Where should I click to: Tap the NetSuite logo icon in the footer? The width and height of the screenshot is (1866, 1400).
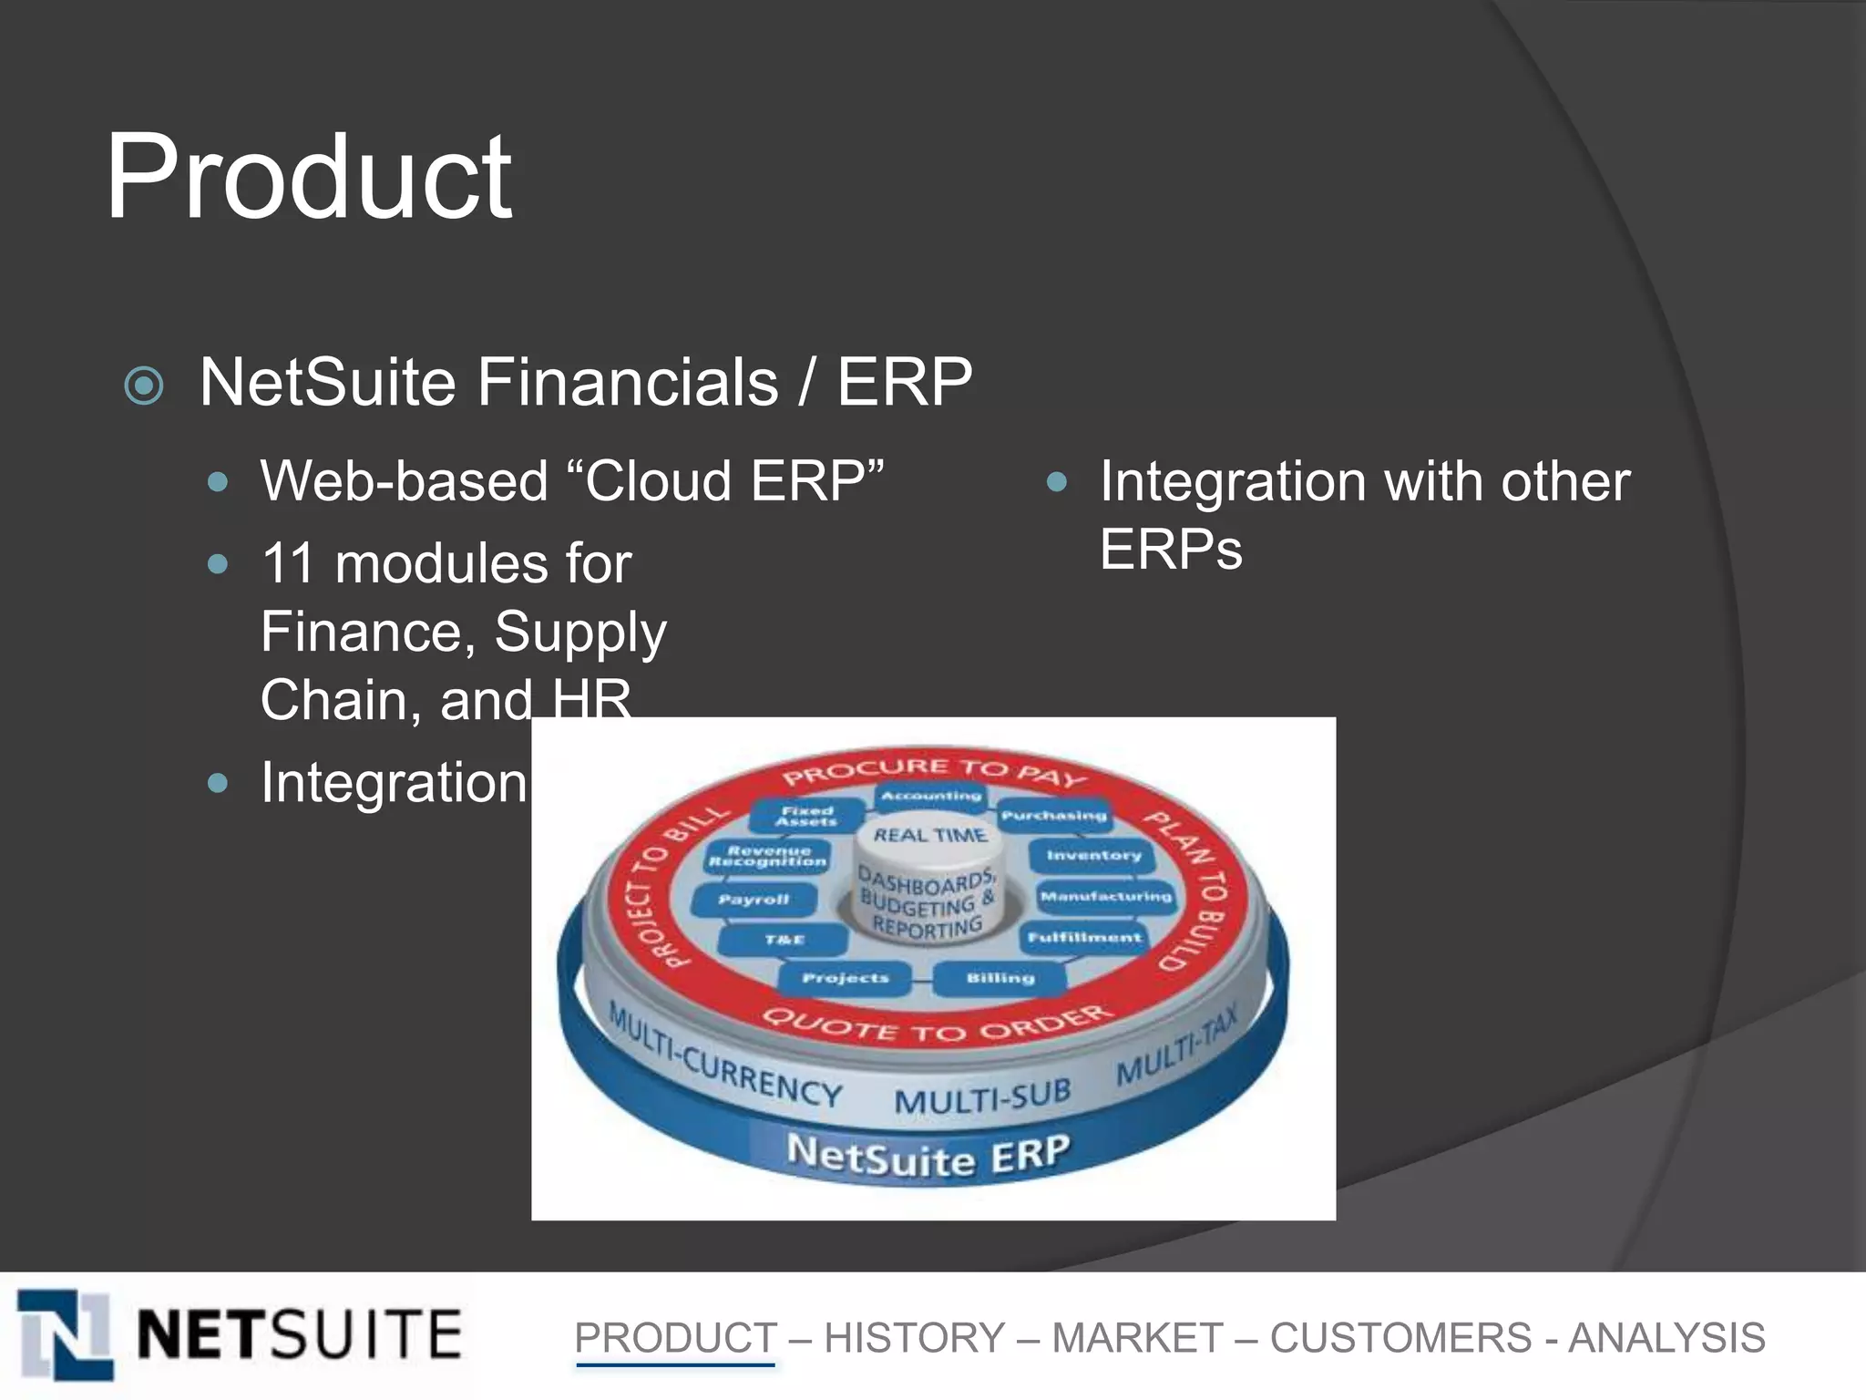[66, 1333]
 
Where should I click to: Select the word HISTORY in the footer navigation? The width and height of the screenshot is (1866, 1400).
[914, 1338]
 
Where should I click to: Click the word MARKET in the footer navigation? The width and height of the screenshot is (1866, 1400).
[1137, 1338]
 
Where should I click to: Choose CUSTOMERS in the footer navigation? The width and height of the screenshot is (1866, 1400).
[1400, 1338]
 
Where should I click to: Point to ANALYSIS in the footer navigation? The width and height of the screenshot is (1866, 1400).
[1666, 1338]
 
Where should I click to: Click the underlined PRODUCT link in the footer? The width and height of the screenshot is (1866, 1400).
[675, 1338]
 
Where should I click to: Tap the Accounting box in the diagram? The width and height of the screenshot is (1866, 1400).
[930, 796]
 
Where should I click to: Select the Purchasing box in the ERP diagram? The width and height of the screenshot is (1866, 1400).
[1053, 816]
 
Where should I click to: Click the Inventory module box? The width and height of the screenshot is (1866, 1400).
[1092, 856]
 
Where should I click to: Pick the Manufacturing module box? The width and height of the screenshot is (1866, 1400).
[1105, 897]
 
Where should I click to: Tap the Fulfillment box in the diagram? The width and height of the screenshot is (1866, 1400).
[1084, 937]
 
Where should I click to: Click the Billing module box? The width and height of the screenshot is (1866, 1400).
[1000, 978]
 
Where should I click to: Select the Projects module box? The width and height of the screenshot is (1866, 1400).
[845, 978]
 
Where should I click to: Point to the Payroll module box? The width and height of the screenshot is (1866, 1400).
[753, 900]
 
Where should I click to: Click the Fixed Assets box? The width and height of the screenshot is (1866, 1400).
[806, 816]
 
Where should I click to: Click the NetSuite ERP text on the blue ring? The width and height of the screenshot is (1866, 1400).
[928, 1156]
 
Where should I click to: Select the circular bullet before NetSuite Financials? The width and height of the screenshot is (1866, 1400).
[144, 386]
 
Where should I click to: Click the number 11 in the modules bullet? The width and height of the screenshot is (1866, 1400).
[288, 563]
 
